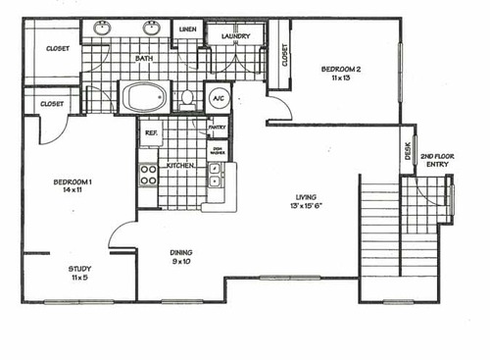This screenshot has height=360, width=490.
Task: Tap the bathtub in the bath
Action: click(146, 97)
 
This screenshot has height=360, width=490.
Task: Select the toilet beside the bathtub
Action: click(187, 98)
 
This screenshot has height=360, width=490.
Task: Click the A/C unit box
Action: click(217, 98)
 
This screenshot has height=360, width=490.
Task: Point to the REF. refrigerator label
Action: click(151, 133)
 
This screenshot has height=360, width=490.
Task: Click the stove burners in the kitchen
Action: click(149, 175)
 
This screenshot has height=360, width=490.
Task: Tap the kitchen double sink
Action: click(215, 175)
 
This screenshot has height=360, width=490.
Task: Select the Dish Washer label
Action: click(218, 150)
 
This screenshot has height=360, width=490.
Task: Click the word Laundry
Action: click(236, 37)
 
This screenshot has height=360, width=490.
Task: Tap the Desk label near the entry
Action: click(408, 151)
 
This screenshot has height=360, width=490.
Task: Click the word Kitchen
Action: click(179, 166)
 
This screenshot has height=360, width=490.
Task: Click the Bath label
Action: click(144, 59)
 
